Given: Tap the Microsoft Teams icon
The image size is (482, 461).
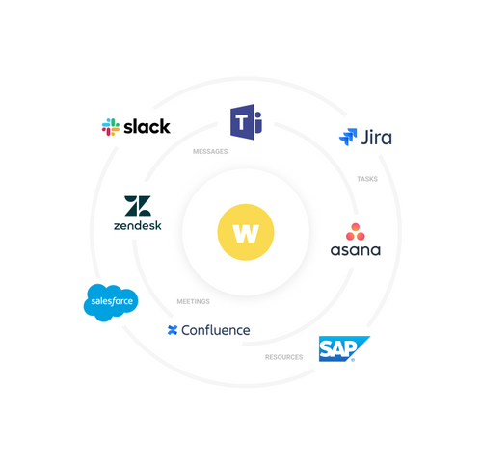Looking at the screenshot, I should (246, 123).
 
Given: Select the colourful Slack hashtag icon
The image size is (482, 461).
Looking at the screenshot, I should (111, 126).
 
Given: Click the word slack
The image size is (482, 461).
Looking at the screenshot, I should (147, 126).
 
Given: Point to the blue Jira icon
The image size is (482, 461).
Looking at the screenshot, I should (348, 138).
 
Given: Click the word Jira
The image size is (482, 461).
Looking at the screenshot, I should (376, 138).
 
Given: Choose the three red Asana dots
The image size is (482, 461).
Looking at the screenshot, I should (356, 231).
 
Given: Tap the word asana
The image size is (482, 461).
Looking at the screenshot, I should (356, 250).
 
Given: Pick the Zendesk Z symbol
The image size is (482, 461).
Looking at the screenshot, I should (137, 206).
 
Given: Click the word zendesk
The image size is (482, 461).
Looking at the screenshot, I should (137, 226).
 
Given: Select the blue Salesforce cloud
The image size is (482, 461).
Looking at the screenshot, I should (111, 302).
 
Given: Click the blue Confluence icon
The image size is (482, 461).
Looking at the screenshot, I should (173, 330).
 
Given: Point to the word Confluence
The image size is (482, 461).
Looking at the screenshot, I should (216, 330).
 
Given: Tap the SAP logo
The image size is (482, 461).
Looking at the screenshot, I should (342, 348).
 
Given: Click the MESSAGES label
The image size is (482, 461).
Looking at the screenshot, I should (210, 151).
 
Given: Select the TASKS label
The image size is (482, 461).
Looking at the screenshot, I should (367, 178).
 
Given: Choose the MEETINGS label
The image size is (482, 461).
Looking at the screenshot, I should (193, 301).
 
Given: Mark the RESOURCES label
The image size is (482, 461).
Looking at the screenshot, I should (283, 357).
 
